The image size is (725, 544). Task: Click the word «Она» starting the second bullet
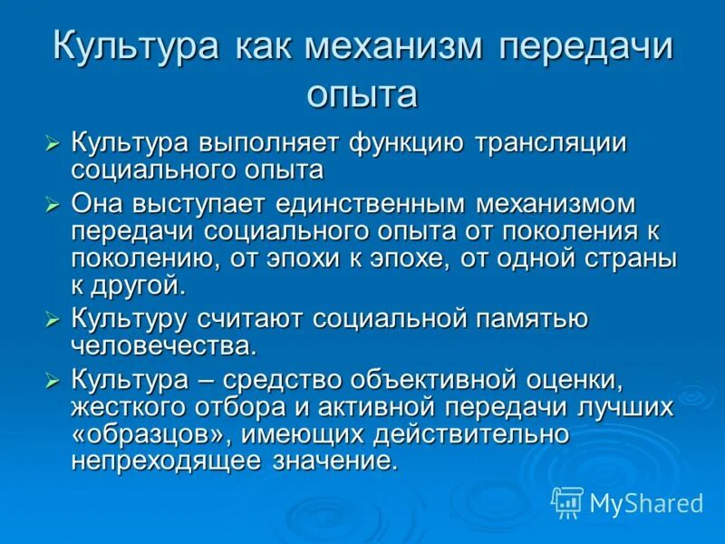tap(96, 202)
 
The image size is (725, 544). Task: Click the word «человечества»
tap(161, 345)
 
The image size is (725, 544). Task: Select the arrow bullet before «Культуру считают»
tap(54, 319)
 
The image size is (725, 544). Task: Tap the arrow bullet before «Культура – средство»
tap(54, 378)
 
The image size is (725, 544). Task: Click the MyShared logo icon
tap(567, 501)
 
